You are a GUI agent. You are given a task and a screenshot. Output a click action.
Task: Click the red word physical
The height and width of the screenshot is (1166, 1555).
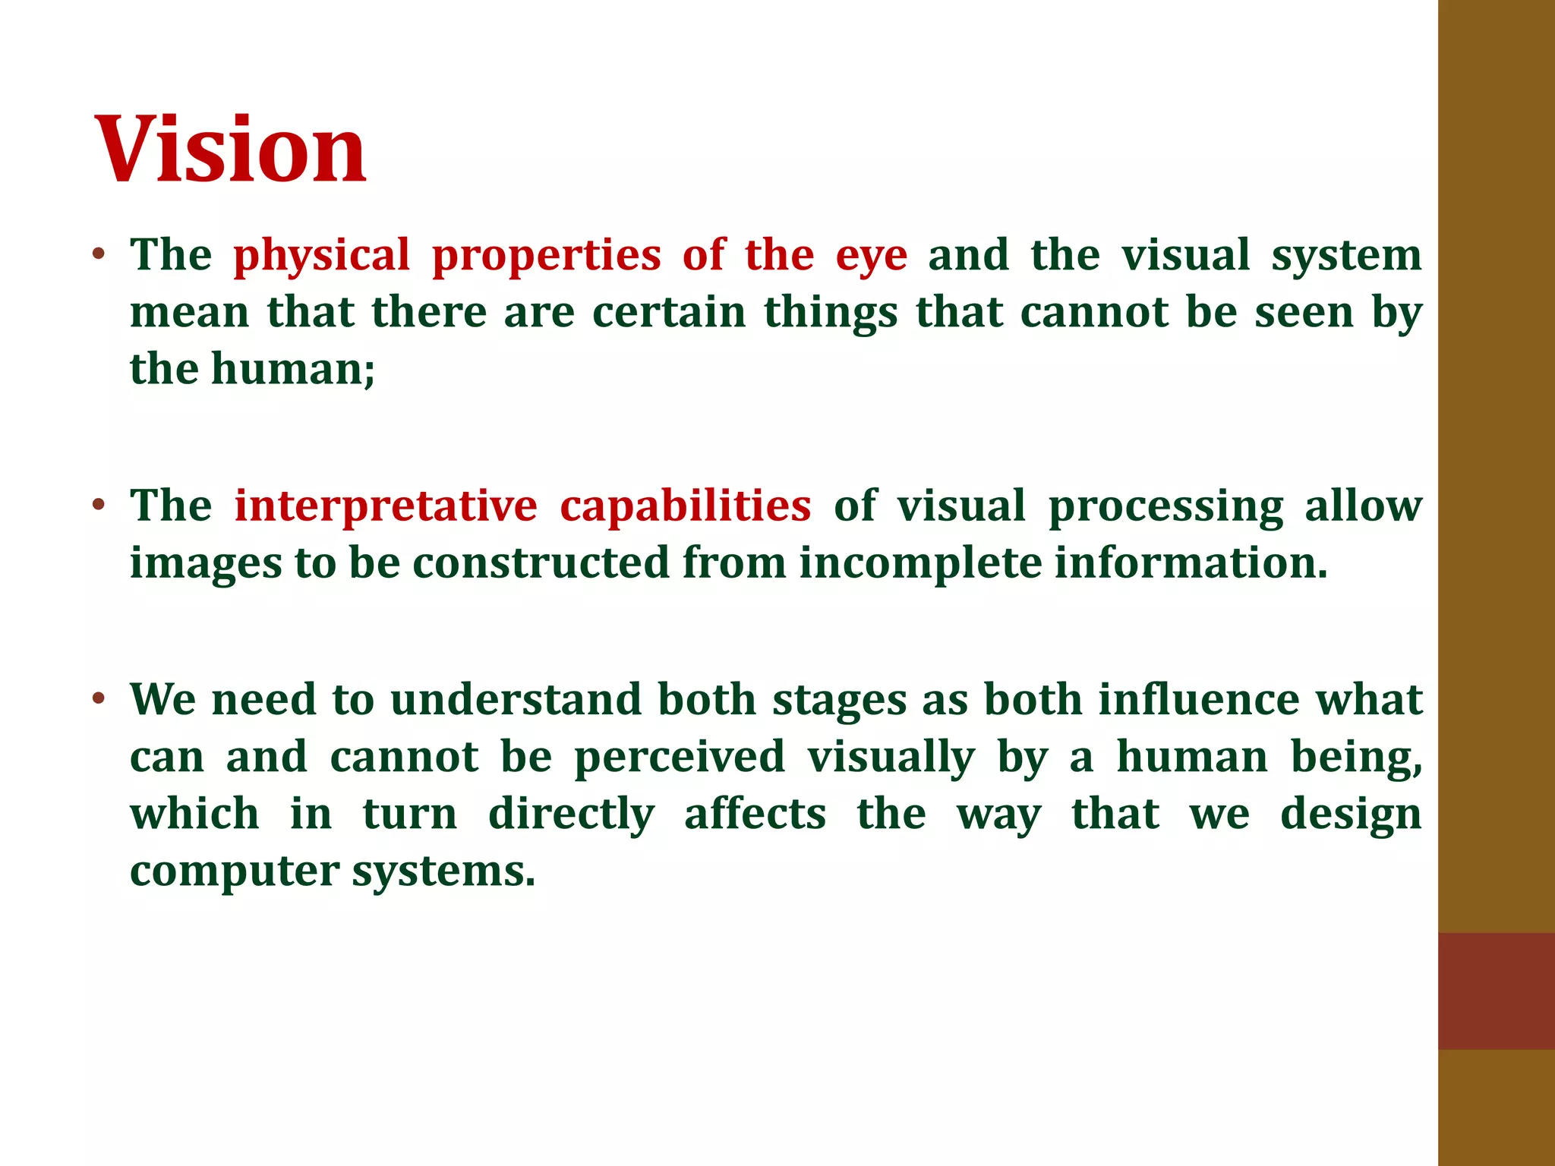[x=321, y=256]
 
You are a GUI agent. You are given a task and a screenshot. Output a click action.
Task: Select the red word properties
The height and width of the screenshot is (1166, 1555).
[x=546, y=256]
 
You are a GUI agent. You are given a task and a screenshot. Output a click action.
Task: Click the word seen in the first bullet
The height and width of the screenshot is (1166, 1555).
[x=1304, y=312]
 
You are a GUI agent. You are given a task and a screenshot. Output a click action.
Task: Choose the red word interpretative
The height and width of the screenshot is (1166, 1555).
[x=385, y=506]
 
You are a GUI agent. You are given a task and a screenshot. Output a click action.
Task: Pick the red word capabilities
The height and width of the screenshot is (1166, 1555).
[x=685, y=506]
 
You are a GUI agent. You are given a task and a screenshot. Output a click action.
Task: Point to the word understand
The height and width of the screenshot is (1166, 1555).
[x=516, y=699]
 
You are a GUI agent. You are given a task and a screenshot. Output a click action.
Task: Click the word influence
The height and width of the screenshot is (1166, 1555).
[x=1199, y=699]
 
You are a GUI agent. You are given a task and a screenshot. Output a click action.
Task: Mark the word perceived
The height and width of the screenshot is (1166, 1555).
[x=679, y=757]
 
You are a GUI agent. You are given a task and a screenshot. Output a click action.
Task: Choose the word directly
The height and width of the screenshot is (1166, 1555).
[x=571, y=815]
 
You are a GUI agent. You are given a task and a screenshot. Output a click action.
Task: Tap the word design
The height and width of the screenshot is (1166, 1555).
[x=1351, y=815]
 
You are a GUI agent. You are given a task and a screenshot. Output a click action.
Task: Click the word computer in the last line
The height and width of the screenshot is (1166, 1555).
[x=234, y=872]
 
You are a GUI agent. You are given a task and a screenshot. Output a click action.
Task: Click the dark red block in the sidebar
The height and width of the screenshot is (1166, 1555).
[x=1496, y=991]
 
